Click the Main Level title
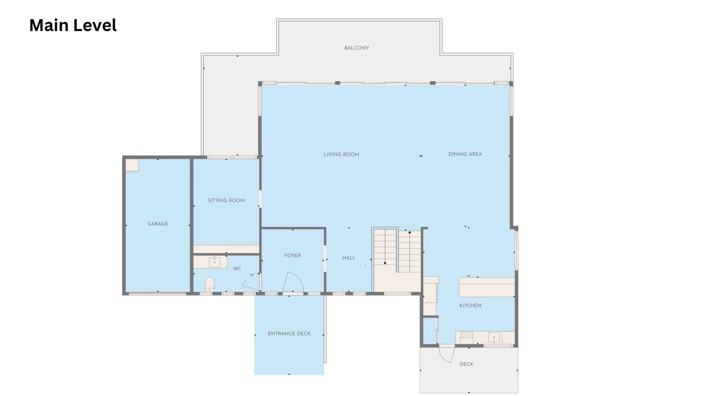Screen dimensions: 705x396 coord(73,25)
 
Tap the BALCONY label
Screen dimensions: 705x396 coord(357,48)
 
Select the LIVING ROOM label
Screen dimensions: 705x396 coord(342,155)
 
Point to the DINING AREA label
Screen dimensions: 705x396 coord(465,154)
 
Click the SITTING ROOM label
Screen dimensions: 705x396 coord(226,201)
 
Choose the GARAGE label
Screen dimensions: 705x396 coord(158,224)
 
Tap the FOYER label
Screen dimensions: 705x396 coord(293,256)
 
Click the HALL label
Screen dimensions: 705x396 coord(349,258)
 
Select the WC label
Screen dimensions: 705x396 coord(237,269)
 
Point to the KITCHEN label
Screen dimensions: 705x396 coord(470,305)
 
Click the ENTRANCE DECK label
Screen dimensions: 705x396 coord(289,334)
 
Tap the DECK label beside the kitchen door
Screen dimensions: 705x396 coord(467,364)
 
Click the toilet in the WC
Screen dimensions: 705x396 coord(210,284)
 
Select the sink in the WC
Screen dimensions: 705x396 coord(215,262)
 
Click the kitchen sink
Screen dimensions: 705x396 coord(494,338)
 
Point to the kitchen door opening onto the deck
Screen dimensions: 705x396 coord(447,354)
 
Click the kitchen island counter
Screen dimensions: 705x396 coord(487,287)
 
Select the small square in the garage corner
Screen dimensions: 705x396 coord(132,166)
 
